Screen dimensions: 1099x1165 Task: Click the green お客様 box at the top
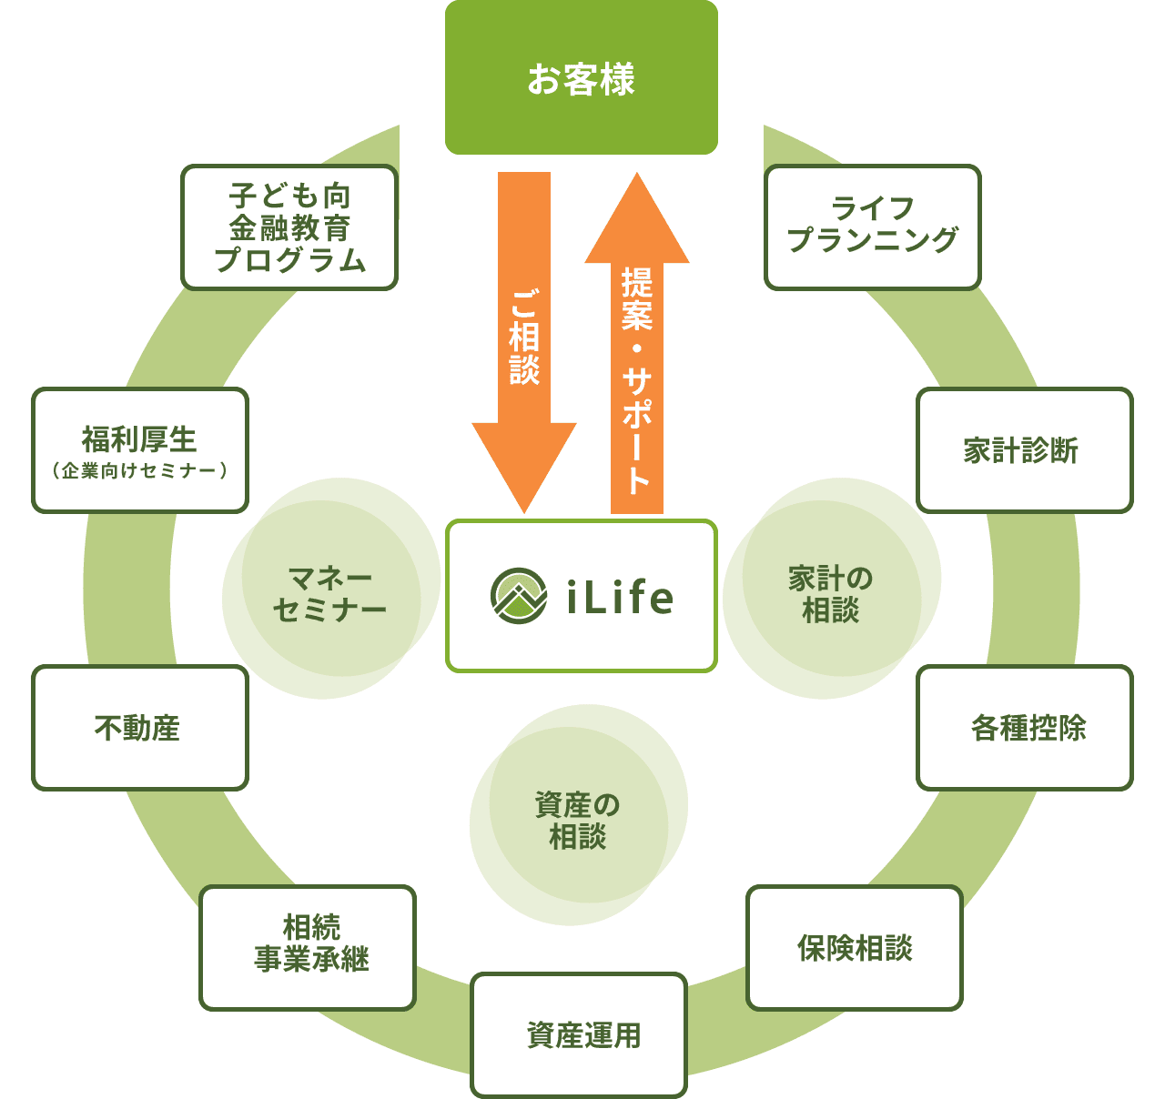[581, 78]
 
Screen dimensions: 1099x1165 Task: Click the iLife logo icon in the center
[519, 596]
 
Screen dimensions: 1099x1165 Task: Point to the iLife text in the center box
[620, 598]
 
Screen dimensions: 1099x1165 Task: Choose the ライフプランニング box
[872, 227]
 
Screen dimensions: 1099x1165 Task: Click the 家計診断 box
[1023, 450]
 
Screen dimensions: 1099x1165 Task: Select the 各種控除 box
[1024, 728]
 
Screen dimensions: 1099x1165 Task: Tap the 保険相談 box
[854, 948]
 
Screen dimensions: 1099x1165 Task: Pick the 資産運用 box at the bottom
[579, 1035]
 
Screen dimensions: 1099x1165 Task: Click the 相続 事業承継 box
[308, 947]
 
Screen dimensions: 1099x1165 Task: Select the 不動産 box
[139, 728]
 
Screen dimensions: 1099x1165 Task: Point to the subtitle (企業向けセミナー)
[139, 471]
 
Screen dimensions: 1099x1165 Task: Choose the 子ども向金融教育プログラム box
[289, 227]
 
